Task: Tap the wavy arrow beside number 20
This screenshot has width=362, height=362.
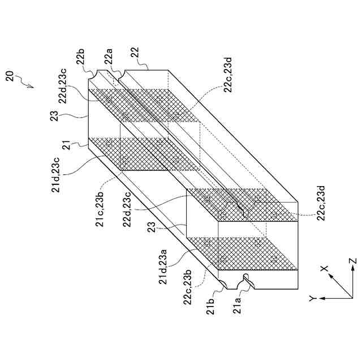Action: click(25, 83)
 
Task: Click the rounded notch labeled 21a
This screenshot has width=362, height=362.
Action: click(247, 278)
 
